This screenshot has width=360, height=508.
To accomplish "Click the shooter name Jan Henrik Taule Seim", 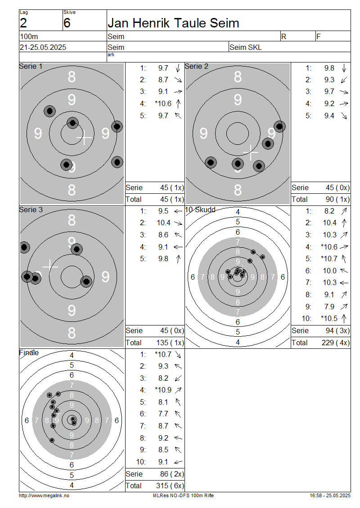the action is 173,23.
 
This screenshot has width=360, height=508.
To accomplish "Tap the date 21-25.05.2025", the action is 43,47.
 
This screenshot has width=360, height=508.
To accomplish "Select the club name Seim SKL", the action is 246,47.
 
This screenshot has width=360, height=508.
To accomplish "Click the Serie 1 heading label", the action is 31,67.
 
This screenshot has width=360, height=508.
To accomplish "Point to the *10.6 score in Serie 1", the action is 163,104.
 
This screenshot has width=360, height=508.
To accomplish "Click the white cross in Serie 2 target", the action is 251,152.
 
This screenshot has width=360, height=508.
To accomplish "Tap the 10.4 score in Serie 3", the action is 163,223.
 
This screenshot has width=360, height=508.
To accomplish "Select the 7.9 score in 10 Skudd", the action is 329,307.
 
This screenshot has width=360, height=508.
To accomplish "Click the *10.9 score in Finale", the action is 163,390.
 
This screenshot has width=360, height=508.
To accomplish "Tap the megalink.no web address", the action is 44,495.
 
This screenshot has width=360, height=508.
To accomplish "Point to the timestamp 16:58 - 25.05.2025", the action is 330,495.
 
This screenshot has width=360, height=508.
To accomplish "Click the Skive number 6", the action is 67,23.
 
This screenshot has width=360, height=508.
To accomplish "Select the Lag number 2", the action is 23,23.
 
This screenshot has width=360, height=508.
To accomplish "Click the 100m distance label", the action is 29,36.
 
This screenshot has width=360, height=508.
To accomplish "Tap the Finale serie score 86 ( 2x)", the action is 172,474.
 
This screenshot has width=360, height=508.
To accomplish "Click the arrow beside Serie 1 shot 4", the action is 178,104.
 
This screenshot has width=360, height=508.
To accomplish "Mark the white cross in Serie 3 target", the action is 50,266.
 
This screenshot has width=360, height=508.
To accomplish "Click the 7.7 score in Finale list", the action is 163,414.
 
